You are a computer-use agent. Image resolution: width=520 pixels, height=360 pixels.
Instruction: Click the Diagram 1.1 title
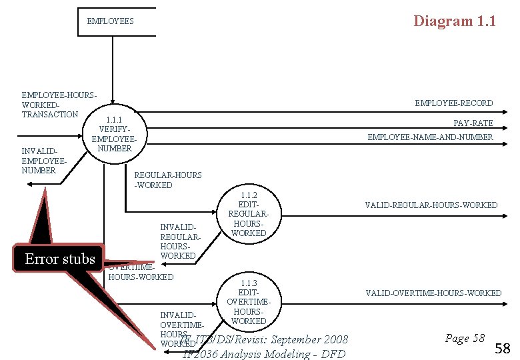[454, 21]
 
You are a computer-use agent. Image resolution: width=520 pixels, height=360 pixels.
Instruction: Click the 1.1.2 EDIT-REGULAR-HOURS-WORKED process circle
[249, 213]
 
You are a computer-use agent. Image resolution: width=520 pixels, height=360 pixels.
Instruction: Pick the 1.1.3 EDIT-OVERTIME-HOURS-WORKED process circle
[249, 302]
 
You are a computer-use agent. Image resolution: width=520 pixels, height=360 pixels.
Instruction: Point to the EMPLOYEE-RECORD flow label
[453, 103]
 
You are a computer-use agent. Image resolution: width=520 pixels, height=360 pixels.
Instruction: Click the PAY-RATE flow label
[473, 123]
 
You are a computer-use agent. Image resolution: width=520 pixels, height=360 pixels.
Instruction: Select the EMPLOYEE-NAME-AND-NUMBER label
[430, 137]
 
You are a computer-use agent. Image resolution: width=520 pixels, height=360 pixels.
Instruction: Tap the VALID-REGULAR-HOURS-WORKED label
[431, 205]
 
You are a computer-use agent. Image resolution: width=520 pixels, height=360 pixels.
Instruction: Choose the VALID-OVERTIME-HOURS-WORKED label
[433, 293]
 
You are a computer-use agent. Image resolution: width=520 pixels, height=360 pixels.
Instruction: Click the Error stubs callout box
[59, 259]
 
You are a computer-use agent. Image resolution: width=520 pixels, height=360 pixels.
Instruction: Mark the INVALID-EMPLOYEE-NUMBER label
[44, 161]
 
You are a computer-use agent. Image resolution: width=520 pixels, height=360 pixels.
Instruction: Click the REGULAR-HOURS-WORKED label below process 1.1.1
[168, 180]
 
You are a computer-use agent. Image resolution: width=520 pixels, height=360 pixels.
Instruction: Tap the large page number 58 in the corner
[503, 348]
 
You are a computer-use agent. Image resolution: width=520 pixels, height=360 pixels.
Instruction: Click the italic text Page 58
[464, 339]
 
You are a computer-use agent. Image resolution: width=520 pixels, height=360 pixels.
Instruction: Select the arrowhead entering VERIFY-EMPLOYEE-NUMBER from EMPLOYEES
[113, 91]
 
